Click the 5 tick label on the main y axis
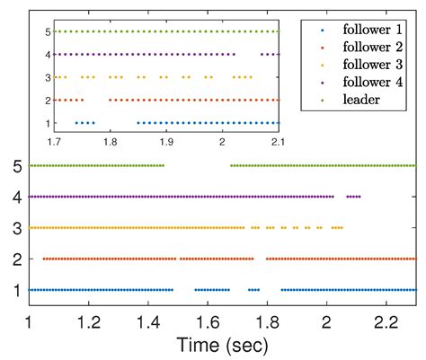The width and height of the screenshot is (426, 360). pos(16,166)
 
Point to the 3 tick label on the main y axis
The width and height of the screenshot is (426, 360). pos(16,228)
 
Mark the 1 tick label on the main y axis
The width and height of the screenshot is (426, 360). pos(16,290)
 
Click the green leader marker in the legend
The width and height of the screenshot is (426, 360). pos(312,101)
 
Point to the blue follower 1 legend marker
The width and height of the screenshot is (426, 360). pos(312,29)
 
